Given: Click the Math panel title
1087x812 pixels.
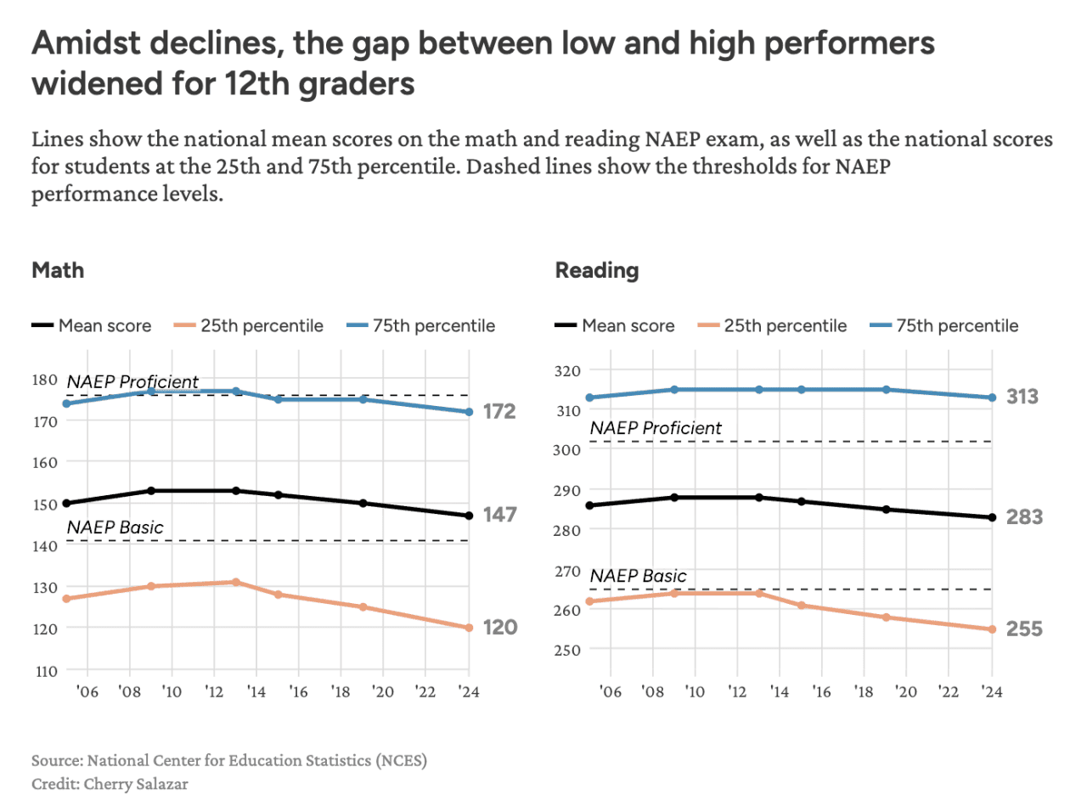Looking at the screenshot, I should tap(58, 270).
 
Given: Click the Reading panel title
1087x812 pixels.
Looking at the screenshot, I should tap(596, 270).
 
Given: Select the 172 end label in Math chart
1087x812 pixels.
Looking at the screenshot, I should tap(499, 411).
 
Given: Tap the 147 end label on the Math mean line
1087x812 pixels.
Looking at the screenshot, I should tap(499, 515).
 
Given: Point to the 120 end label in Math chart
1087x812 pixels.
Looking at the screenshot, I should tap(499, 628).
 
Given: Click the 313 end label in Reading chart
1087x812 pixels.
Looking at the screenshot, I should tap(1022, 397).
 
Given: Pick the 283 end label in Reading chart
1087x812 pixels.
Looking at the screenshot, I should tap(1024, 517).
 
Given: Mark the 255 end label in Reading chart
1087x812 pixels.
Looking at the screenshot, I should tap(1024, 629).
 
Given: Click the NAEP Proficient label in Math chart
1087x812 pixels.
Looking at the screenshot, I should tap(132, 382).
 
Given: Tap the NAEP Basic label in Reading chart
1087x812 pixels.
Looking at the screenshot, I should tap(638, 576).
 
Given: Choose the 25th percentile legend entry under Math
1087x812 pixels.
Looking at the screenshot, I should tap(262, 325).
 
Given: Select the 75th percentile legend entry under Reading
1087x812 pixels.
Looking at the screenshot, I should tap(957, 325).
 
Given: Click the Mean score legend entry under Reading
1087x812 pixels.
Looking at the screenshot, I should tap(628, 325).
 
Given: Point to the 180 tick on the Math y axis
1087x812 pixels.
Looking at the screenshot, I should tap(46, 380).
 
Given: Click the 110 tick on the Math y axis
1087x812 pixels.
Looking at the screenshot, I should tap(46, 671).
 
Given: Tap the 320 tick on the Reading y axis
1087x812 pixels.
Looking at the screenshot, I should tap(568, 371).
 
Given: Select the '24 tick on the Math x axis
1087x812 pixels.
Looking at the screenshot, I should tap(469, 692).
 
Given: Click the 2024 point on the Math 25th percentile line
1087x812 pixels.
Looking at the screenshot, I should tap(469, 628).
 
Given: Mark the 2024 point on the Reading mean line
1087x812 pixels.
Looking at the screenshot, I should tap(992, 517).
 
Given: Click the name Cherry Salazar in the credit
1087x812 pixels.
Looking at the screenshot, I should tap(136, 784).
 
